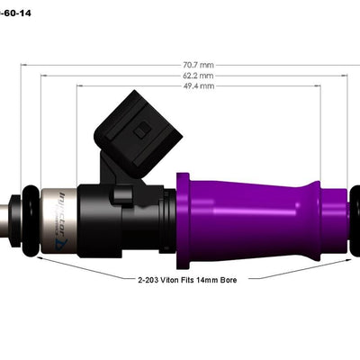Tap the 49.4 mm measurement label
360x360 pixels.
200,87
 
